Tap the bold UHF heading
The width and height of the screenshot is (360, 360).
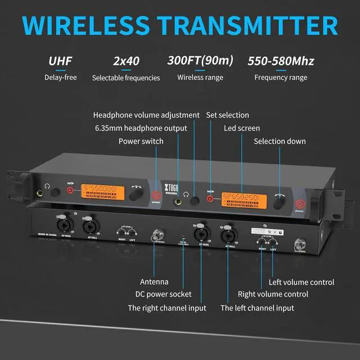60,61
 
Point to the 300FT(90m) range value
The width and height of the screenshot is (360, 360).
200,61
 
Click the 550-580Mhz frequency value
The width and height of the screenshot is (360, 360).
281,61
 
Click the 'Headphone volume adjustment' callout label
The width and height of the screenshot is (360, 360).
146,115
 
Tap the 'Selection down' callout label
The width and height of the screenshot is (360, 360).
280,141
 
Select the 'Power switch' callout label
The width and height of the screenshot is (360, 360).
141,141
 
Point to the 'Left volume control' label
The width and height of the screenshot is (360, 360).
301,282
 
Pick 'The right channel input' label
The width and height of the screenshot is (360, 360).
167,308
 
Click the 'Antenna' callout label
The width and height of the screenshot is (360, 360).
154,281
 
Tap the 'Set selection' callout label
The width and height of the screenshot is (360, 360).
227,115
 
